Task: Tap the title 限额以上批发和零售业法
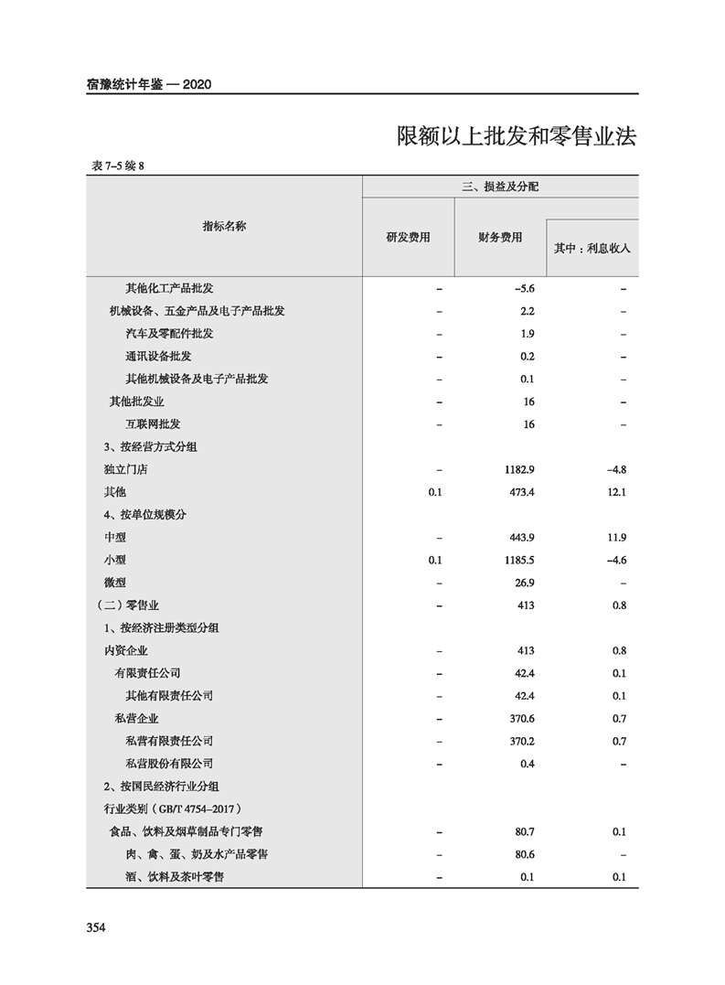[517, 137]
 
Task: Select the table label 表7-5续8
[119, 166]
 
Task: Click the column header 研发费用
[408, 237]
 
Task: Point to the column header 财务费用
[500, 237]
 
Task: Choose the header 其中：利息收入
[592, 248]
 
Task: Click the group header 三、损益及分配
[500, 187]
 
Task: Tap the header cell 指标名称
[224, 226]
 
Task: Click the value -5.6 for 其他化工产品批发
[525, 288]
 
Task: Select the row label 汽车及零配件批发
[169, 334]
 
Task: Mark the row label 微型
[115, 583]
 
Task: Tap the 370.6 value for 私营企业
[522, 719]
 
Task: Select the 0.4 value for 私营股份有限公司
[527, 764]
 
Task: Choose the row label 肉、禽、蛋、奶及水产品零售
[196, 854]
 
